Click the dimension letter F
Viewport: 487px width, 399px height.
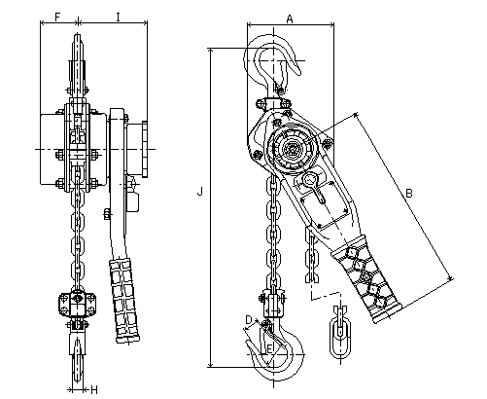pyautogui.click(x=57, y=17)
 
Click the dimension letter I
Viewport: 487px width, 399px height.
pyautogui.click(x=119, y=17)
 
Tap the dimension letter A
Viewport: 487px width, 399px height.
pyautogui.click(x=290, y=19)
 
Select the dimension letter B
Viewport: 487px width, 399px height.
pyautogui.click(x=409, y=194)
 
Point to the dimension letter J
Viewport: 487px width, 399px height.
pyautogui.click(x=200, y=192)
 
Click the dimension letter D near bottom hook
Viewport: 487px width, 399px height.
pyautogui.click(x=249, y=320)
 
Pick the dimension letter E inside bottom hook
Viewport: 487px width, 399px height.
pyautogui.click(x=269, y=348)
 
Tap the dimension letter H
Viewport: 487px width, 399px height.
pyautogui.click(x=94, y=389)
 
